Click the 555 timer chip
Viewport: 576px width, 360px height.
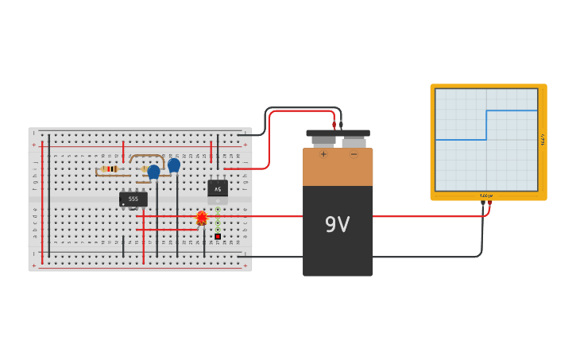(x=133, y=199)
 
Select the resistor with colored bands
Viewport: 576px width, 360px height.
(x=109, y=168)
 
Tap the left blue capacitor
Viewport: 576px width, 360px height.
(x=153, y=170)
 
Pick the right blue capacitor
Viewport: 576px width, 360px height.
(x=174, y=165)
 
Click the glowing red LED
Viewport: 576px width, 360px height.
(x=202, y=216)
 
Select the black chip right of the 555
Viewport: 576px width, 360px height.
(x=218, y=188)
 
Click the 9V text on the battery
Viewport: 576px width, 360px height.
(x=337, y=225)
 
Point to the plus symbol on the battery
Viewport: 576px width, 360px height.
(x=323, y=154)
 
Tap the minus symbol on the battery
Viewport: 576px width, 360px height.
(x=354, y=154)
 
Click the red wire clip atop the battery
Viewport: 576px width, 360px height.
(x=334, y=125)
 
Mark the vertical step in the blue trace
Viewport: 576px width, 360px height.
(x=486, y=125)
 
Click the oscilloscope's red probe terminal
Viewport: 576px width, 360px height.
(x=489, y=203)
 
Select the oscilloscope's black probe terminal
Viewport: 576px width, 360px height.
(x=482, y=203)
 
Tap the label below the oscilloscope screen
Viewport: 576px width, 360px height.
(x=485, y=195)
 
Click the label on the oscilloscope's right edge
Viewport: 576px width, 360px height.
(x=542, y=139)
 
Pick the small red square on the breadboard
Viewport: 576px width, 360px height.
(x=218, y=236)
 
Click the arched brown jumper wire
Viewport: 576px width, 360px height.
(x=147, y=157)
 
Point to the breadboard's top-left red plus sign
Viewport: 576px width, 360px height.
(x=33, y=145)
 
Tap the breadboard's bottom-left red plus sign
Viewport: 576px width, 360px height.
(x=33, y=265)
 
